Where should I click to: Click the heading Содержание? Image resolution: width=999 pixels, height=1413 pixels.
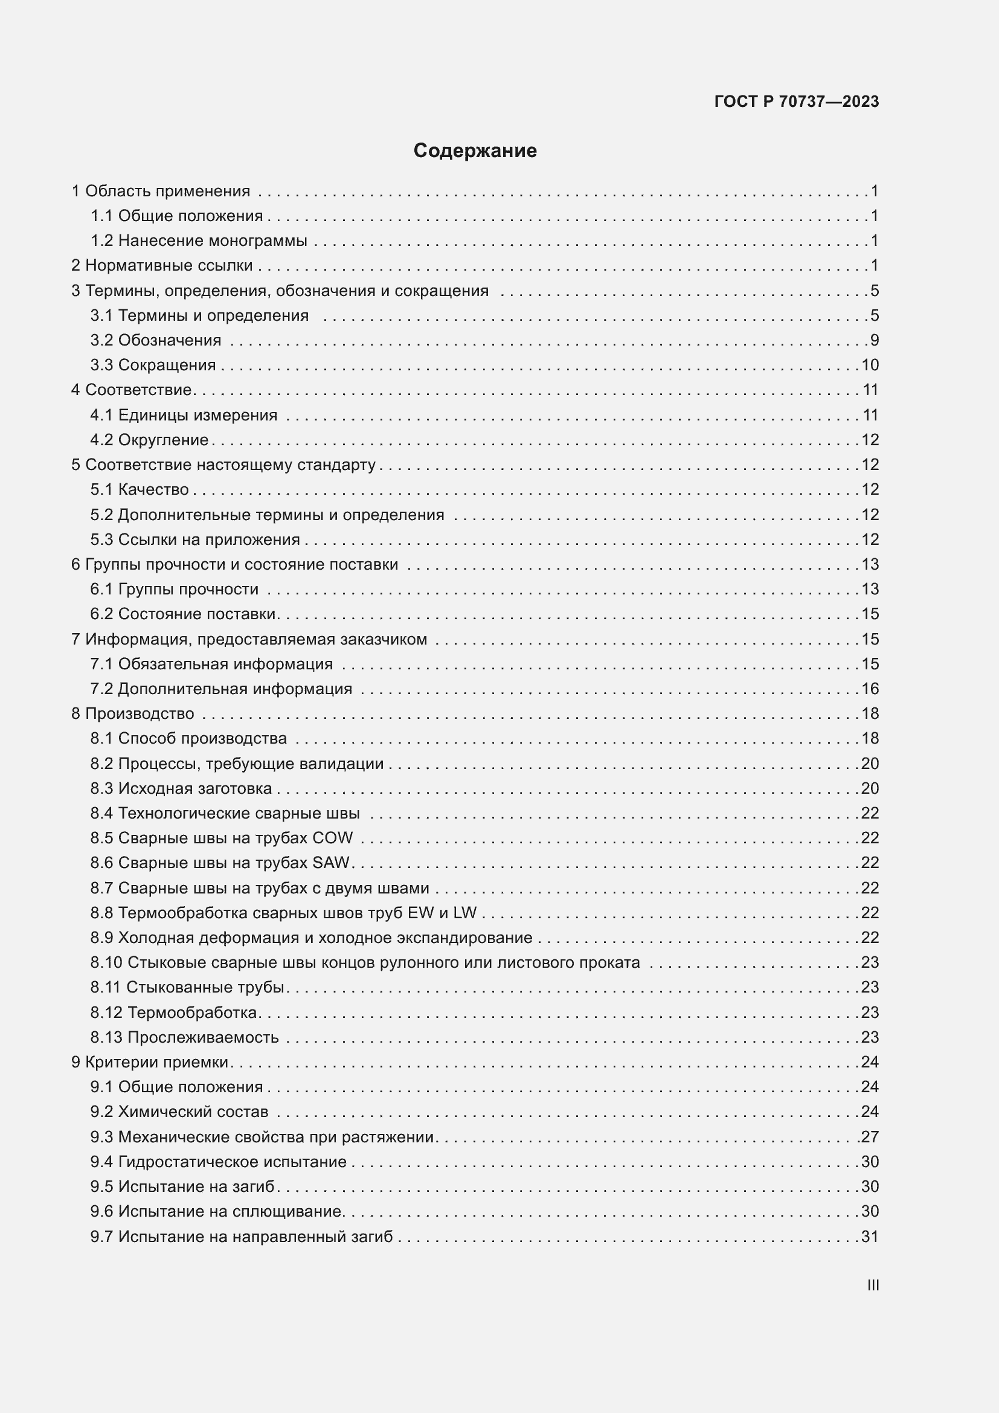(x=475, y=151)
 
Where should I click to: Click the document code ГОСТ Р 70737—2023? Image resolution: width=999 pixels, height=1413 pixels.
(x=797, y=101)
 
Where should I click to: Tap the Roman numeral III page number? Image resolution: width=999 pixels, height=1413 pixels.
(x=872, y=1285)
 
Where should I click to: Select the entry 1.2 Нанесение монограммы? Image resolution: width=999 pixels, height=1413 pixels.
(x=199, y=240)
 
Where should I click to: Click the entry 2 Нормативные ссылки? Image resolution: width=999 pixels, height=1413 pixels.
(x=162, y=265)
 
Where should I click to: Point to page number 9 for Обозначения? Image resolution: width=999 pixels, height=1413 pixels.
(x=874, y=340)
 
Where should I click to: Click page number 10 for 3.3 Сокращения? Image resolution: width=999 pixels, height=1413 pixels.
(x=870, y=365)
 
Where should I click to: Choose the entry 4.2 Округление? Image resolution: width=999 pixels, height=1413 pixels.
(x=149, y=440)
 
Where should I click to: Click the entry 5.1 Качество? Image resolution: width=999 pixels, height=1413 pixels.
(x=140, y=490)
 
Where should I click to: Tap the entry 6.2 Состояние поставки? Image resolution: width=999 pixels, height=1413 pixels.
(x=184, y=614)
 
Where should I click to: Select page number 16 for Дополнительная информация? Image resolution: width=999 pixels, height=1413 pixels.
(x=870, y=689)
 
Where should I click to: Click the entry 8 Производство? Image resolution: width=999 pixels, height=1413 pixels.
(x=133, y=714)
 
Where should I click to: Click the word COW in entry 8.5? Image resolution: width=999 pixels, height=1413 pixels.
(x=333, y=838)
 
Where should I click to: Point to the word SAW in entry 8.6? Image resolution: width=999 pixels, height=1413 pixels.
(x=331, y=863)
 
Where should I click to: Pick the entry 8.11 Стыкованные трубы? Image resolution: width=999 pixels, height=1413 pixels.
(x=188, y=987)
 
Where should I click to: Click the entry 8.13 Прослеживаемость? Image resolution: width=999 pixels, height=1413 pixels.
(x=185, y=1037)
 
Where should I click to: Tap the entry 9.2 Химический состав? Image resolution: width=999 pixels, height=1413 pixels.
(x=179, y=1112)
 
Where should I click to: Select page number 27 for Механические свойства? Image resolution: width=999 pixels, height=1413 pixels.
(x=870, y=1137)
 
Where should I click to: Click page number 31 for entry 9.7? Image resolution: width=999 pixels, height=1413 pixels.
(x=870, y=1237)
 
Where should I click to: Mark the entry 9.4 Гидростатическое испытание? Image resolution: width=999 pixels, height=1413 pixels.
(x=219, y=1162)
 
